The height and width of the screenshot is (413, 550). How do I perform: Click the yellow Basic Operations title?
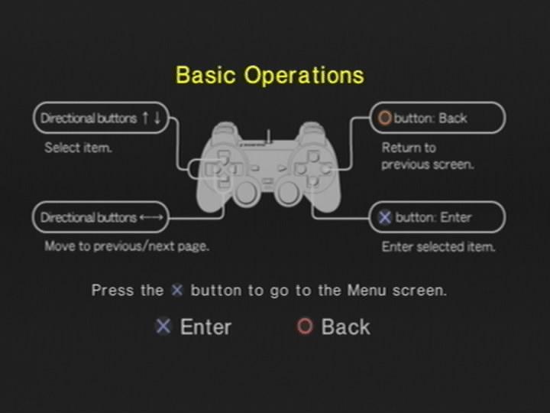click(270, 75)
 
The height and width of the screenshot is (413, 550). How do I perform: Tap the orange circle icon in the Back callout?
click(384, 118)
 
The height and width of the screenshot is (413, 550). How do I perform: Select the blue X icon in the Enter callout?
click(385, 217)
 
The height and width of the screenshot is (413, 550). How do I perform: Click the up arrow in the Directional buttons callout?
click(145, 118)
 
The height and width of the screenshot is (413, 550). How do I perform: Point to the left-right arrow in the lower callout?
click(151, 217)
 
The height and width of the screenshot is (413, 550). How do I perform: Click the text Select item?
click(78, 148)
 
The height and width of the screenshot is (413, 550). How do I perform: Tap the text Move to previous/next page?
click(127, 246)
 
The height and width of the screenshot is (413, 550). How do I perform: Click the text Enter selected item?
click(438, 246)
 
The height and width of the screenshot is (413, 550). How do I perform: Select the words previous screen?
click(428, 164)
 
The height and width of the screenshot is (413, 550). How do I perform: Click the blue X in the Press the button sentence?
click(177, 290)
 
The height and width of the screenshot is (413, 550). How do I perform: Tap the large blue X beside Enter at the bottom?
click(163, 327)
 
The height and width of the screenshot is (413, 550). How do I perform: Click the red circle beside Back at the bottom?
click(305, 327)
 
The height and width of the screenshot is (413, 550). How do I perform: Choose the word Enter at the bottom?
click(205, 327)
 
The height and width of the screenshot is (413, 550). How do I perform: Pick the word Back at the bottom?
click(345, 327)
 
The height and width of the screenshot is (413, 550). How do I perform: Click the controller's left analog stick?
click(246, 193)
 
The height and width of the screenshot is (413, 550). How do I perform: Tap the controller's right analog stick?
click(288, 193)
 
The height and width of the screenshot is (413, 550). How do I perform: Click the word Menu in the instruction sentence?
click(367, 291)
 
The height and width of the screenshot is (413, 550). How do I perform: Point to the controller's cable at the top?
click(269, 136)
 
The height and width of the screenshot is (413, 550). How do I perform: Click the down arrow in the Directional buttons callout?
click(157, 118)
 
